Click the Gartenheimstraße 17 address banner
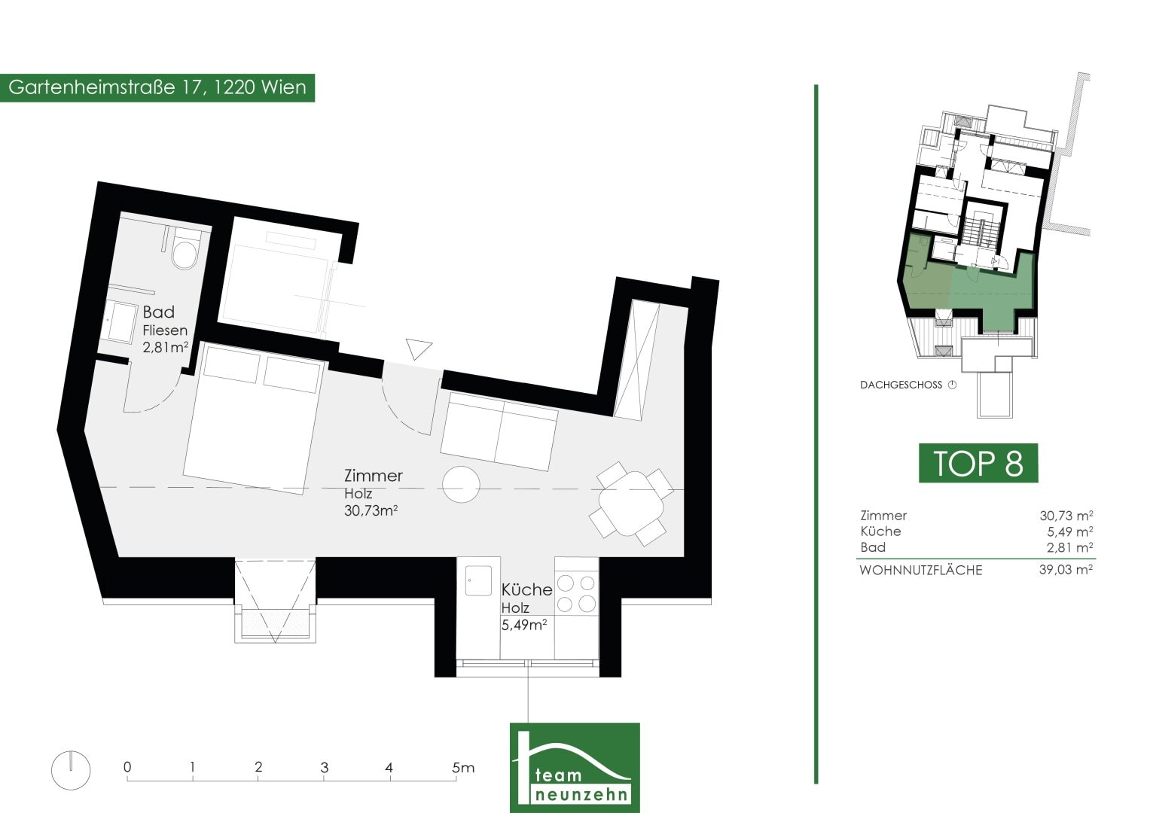(x=157, y=88)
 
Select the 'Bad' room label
(x=159, y=312)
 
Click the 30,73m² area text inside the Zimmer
(x=371, y=510)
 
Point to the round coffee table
(x=461, y=485)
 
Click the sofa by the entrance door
(x=499, y=431)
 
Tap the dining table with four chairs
(x=631, y=504)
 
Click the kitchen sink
(x=478, y=580)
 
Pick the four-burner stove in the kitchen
(x=576, y=593)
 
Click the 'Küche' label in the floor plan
(x=526, y=589)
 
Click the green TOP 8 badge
(x=978, y=463)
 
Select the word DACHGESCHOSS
(x=901, y=385)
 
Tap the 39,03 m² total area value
(x=1066, y=570)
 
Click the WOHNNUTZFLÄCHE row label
(x=920, y=571)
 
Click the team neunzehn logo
(x=575, y=767)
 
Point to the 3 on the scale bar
(x=324, y=767)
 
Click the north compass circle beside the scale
(x=71, y=770)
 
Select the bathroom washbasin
(x=120, y=322)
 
